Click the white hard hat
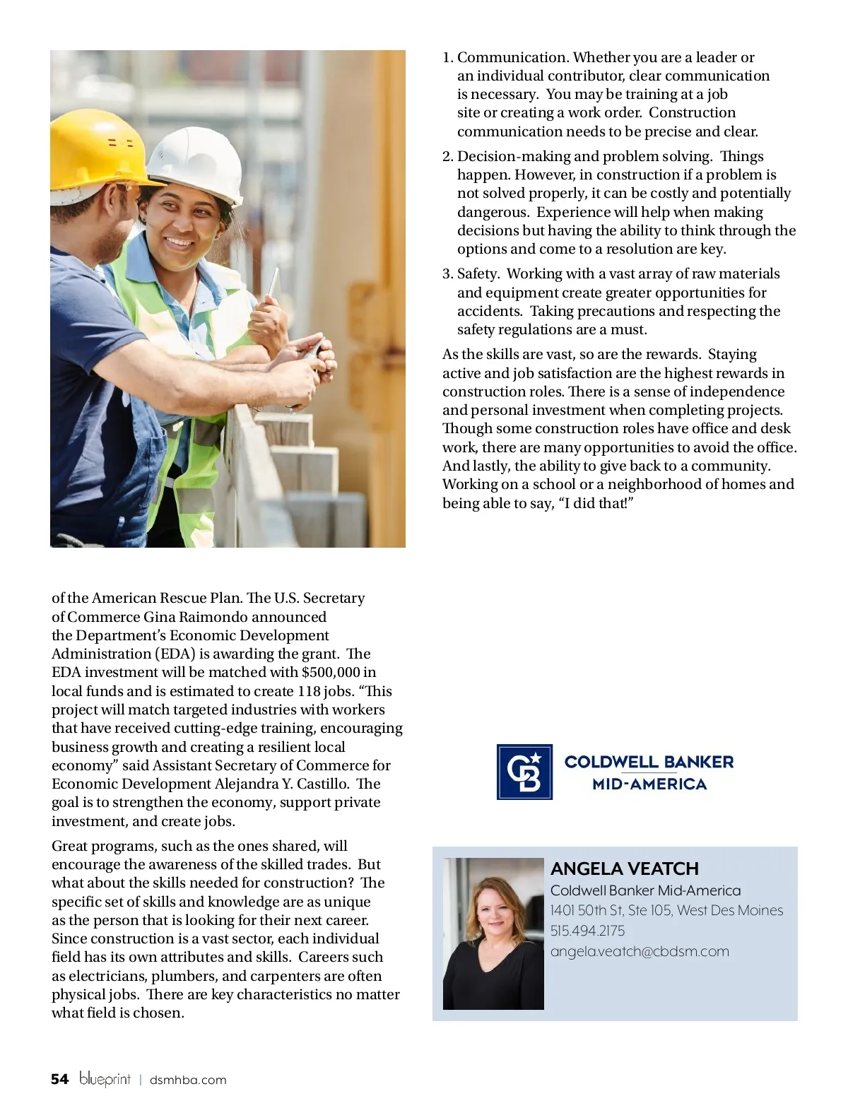tap(198, 163)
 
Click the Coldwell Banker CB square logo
tap(524, 772)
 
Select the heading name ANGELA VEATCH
tap(625, 869)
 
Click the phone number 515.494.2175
tap(588, 931)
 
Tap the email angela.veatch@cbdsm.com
tap(640, 951)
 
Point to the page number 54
tap(60, 1079)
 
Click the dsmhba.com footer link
tap(188, 1080)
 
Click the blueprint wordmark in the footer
tap(105, 1079)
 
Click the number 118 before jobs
tap(309, 691)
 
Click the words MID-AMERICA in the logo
tap(649, 784)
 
